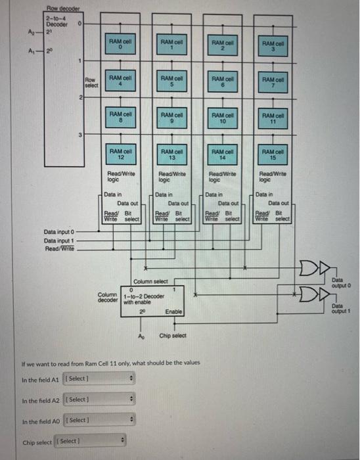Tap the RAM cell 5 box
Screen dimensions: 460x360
(171, 81)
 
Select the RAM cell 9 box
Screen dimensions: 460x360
(171, 118)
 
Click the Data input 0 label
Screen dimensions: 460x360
(60, 232)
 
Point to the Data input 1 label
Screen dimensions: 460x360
(60, 241)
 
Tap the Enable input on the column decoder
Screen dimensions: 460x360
(173, 311)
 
